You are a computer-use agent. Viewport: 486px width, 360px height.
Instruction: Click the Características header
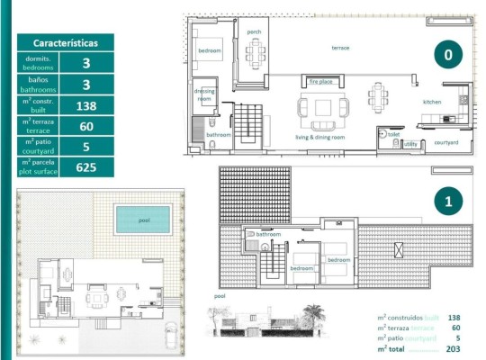[65, 42]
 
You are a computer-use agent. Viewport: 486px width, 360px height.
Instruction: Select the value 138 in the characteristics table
[85, 105]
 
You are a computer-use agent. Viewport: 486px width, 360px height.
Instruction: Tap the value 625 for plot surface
[85, 166]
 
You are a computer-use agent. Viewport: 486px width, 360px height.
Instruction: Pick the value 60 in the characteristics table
[85, 126]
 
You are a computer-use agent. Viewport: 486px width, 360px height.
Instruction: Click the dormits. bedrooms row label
[38, 63]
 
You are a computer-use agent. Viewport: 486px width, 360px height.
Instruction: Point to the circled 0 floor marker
[447, 54]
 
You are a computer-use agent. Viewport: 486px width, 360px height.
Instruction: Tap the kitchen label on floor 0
[433, 102]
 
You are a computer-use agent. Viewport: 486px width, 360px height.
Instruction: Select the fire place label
[321, 81]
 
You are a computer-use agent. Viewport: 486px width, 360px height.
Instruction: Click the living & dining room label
[320, 138]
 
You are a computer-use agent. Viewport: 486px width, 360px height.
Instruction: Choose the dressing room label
[204, 95]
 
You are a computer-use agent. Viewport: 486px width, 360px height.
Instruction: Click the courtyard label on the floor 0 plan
[446, 142]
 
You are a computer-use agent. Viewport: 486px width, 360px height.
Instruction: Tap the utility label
[410, 143]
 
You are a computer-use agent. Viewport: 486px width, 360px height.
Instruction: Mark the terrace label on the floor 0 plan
[340, 48]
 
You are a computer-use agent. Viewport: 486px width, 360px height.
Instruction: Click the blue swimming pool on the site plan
[142, 218]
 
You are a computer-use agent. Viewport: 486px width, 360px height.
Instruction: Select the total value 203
[453, 348]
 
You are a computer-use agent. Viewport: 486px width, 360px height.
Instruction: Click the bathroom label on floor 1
[269, 234]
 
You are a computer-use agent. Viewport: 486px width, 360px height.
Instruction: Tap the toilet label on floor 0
[393, 133]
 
